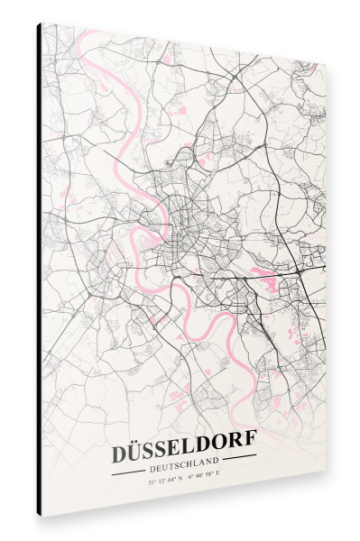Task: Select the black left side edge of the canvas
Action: [39, 270]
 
